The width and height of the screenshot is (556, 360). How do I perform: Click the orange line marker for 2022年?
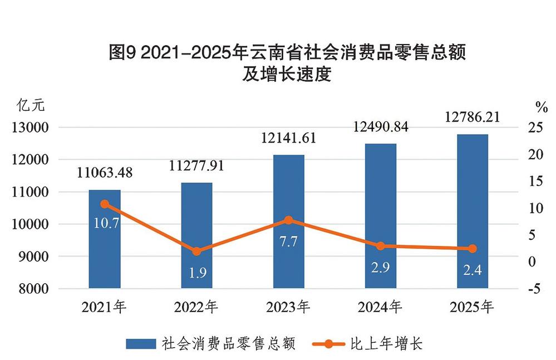196,251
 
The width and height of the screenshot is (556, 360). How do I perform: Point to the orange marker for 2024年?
381,246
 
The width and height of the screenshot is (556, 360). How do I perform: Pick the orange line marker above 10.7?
105,204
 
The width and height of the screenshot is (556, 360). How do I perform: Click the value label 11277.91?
196,166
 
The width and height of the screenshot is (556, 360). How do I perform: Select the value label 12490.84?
381,127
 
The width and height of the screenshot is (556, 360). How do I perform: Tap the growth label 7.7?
289,243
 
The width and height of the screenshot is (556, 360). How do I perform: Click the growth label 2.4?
473,271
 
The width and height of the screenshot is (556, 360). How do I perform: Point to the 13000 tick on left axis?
31,128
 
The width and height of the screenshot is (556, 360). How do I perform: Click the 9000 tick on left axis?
34,257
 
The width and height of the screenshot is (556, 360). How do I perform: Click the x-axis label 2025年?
473,307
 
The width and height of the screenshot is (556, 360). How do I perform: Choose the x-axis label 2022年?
196,307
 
